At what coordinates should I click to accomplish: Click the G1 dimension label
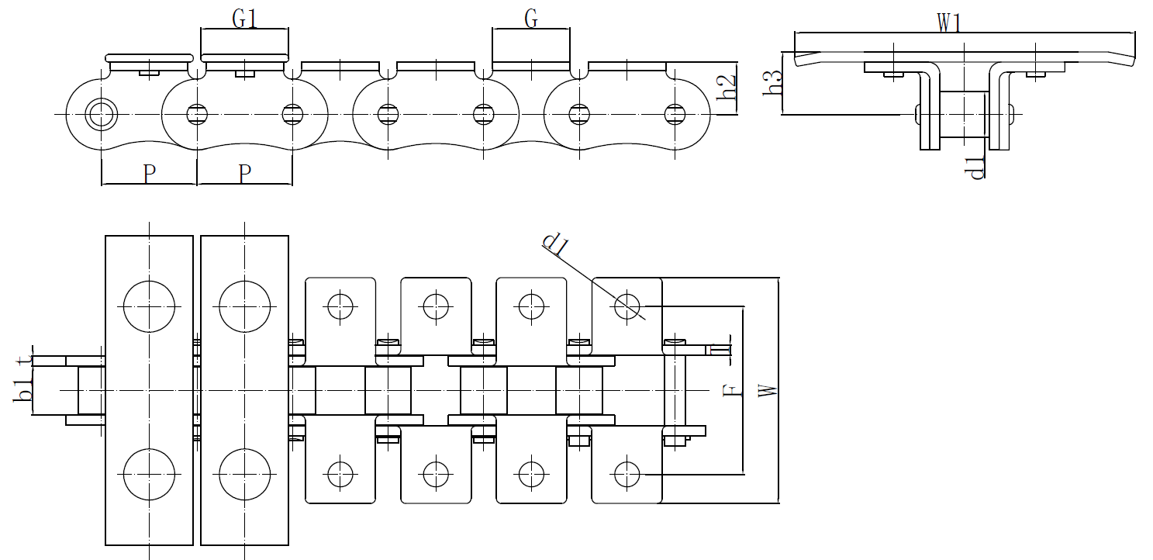point(244,19)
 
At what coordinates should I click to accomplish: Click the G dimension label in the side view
point(531,19)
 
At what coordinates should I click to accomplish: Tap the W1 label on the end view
point(949,23)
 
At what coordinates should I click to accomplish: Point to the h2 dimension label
point(725,88)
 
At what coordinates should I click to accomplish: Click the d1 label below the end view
point(977,167)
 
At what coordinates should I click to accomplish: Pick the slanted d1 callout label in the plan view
point(557,244)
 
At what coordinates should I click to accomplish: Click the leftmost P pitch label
point(150,175)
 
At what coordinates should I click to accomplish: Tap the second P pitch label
point(244,175)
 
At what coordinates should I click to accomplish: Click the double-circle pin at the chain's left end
point(99,114)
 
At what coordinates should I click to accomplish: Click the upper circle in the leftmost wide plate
point(149,306)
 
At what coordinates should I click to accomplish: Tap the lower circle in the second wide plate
point(244,474)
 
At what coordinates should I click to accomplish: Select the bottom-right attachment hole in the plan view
point(625,472)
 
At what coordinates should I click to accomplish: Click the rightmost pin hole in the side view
point(675,114)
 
